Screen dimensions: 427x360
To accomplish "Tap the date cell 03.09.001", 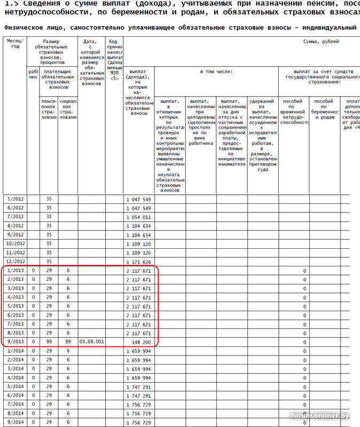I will click(x=91, y=341).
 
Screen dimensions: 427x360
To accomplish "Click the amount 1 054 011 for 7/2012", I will click(x=138, y=217).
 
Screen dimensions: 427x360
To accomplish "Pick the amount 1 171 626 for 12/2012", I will click(x=138, y=262).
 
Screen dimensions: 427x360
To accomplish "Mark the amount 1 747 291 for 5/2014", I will click(x=138, y=386).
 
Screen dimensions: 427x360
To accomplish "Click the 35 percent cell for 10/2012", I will click(x=49, y=243).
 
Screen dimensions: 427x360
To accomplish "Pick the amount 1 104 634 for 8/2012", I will click(x=138, y=226).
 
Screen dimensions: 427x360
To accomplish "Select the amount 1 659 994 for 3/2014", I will click(x=138, y=369).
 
